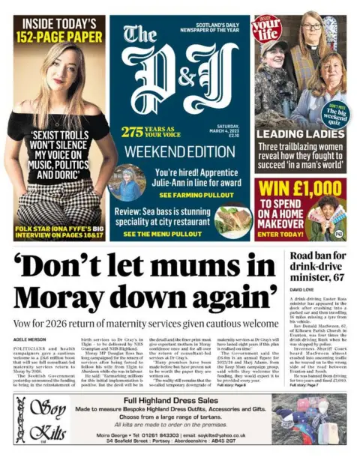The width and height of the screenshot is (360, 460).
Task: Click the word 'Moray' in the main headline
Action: coord(67,297)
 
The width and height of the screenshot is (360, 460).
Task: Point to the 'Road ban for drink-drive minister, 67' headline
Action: coord(317,267)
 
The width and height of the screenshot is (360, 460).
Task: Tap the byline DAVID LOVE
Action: coord(301,288)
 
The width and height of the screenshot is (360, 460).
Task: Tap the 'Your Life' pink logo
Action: coord(268,27)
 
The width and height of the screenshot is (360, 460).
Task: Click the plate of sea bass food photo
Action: coord(232,220)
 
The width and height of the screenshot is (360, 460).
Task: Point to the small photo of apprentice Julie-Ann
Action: coord(125,183)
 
